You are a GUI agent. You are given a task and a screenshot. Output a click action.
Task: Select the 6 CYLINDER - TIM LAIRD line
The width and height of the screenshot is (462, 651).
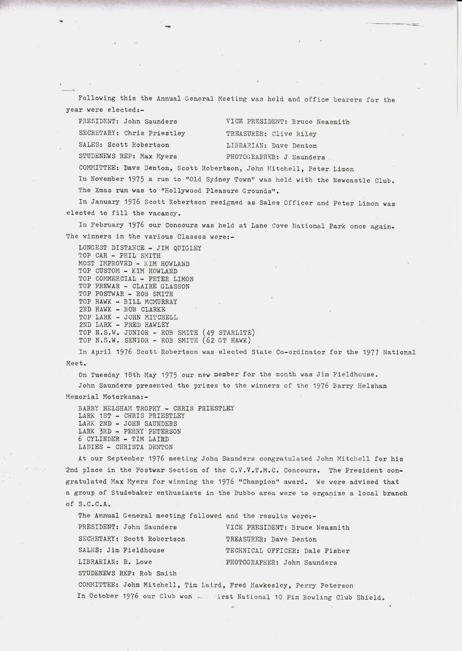coord(124,439)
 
